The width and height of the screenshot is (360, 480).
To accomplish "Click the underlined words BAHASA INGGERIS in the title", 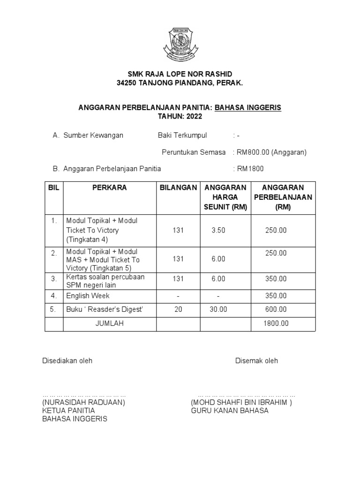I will [x=248, y=107].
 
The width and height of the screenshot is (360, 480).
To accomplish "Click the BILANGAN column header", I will [x=178, y=187].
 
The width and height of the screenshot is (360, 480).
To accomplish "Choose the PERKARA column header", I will [x=110, y=187].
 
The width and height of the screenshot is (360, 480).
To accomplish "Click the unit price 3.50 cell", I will [x=218, y=230].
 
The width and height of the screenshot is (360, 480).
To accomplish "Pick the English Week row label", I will [x=88, y=296].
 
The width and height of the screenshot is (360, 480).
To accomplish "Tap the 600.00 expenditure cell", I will [x=276, y=309].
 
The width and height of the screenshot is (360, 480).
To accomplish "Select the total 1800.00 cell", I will [x=276, y=323].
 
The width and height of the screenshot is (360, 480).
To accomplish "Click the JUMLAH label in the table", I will [x=109, y=323].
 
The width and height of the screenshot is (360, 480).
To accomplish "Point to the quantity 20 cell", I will [x=178, y=309].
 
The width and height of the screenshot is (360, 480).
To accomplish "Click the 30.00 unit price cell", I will [x=218, y=309].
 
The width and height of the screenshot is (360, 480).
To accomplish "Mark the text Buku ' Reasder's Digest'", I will [x=104, y=309].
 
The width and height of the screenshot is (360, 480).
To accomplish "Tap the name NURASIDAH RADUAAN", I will [x=84, y=403].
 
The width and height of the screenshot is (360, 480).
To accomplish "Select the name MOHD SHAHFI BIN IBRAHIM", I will [x=241, y=403].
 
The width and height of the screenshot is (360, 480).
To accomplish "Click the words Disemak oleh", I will [x=256, y=360].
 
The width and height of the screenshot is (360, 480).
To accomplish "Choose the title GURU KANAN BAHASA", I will [x=230, y=411].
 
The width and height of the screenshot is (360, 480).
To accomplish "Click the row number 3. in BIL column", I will [x=54, y=278].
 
